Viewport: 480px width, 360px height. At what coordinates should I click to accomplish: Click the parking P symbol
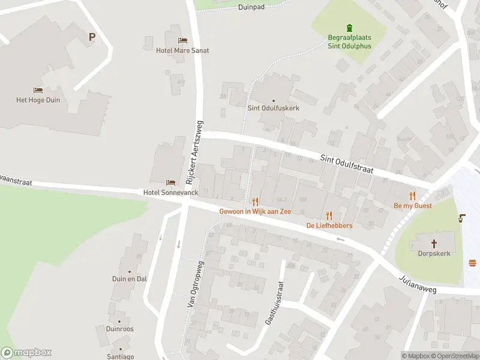(92, 37)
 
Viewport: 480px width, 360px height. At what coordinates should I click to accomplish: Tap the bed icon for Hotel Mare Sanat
(182, 41)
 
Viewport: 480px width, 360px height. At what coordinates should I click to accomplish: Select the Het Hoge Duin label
(38, 100)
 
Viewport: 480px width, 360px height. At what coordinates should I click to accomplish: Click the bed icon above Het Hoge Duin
(38, 91)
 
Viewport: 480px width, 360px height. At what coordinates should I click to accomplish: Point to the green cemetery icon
(349, 27)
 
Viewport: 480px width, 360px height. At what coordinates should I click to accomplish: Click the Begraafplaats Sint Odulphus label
(349, 41)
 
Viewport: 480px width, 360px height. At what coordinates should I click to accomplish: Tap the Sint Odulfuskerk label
(274, 108)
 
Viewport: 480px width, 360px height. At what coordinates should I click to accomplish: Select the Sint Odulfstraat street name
(347, 163)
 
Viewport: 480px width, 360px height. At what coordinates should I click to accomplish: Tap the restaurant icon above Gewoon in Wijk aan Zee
(255, 202)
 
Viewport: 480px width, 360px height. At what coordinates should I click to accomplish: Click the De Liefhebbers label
(329, 226)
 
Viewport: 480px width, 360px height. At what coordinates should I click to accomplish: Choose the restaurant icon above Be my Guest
(412, 196)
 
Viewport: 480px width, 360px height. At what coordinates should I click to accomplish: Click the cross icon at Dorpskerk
(435, 244)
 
